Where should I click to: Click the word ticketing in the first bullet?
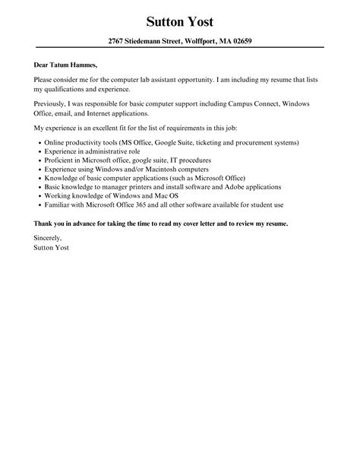click(x=213, y=142)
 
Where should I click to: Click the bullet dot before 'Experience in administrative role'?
click(x=38, y=153)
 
